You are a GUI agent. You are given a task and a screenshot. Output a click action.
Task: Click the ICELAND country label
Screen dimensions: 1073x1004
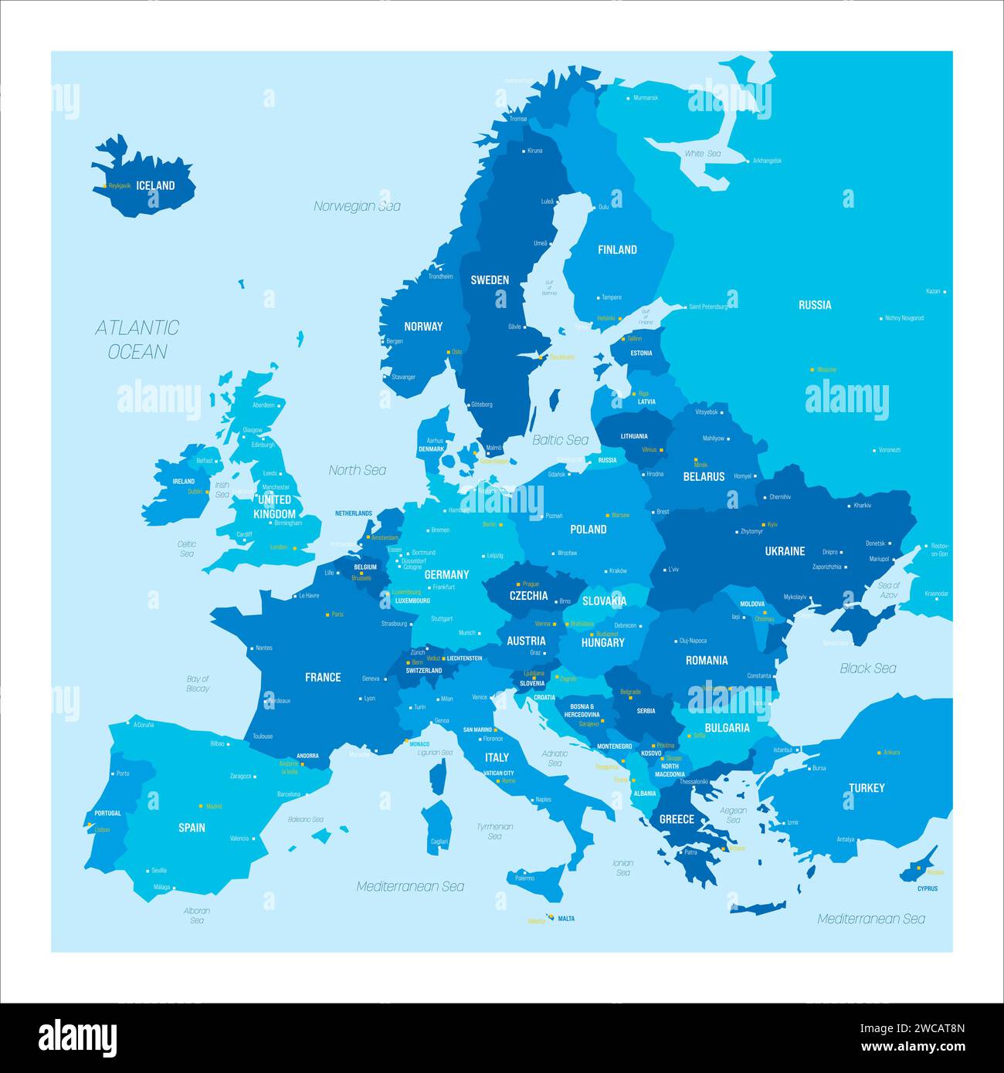[x=155, y=186]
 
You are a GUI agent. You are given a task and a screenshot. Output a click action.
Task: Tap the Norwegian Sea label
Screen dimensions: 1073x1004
[x=357, y=206]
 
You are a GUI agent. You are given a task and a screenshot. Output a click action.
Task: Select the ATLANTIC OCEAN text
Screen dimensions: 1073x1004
[x=137, y=340]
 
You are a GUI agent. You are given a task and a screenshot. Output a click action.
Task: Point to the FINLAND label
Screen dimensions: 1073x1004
[x=617, y=249]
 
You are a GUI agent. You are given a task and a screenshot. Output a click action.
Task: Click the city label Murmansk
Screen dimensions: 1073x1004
[x=645, y=98]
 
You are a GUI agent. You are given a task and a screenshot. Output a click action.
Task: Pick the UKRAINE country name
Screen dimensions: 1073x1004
[x=785, y=551]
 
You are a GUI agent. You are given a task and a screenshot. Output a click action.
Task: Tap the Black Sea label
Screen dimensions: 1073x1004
[x=867, y=668]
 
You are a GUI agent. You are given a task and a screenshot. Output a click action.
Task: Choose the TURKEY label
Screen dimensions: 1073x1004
[x=867, y=787]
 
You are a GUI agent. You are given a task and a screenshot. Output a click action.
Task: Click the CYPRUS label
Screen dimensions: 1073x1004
[x=928, y=889]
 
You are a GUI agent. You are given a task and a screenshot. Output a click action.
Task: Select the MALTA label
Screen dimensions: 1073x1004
[x=566, y=919]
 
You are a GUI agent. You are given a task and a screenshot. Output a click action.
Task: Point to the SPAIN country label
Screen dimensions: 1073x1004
[x=192, y=828]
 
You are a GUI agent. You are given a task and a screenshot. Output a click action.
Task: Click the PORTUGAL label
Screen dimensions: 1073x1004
[x=107, y=814]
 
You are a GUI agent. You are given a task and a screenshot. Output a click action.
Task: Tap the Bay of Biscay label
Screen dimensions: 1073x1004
[x=198, y=683]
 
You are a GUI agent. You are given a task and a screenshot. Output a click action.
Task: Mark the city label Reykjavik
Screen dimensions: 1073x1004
[x=120, y=186]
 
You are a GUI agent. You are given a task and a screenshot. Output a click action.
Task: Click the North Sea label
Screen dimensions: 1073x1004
[x=357, y=470]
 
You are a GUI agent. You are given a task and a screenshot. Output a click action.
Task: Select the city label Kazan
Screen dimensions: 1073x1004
[x=933, y=292]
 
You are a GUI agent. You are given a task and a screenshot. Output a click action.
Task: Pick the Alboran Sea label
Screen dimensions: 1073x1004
[x=197, y=915]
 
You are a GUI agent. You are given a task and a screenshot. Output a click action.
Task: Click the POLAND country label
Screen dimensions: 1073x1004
[x=588, y=530]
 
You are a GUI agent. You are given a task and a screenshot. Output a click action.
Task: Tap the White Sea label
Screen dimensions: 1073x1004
[x=702, y=154]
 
